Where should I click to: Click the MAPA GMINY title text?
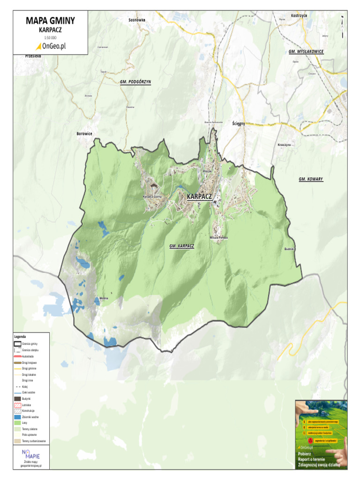[50, 21]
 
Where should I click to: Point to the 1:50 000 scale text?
[50, 37]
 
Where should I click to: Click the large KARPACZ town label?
[199, 196]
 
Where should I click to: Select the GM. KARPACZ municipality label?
[182, 246]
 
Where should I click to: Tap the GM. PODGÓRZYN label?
[135, 82]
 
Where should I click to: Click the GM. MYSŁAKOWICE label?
[306, 51]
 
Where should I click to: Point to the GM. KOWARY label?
[311, 179]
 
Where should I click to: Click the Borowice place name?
[84, 134]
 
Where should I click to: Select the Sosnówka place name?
[137, 20]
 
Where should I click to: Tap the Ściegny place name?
[239, 123]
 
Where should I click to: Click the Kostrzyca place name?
[299, 15]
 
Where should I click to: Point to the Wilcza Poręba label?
[218, 238]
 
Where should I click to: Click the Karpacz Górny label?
[152, 197]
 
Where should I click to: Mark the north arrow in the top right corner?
[343, 26]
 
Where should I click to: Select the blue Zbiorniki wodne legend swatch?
[18, 416]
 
